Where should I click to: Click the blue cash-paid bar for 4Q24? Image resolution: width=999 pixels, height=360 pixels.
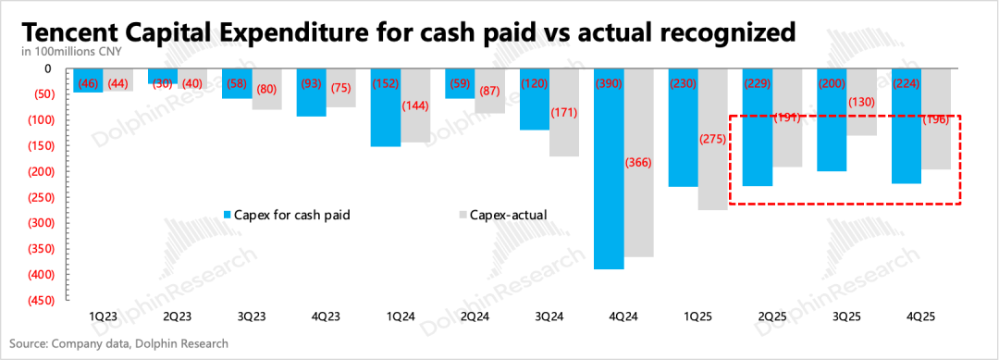pos(609,168)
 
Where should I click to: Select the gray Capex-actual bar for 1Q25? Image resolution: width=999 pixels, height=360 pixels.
pos(712,140)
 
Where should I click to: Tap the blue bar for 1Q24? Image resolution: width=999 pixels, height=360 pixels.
pos(386,107)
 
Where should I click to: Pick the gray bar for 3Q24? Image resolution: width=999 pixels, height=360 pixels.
pos(564,113)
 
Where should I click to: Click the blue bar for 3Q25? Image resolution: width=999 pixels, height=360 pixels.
pos(832,120)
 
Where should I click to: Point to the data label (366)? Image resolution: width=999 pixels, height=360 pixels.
pos(638,163)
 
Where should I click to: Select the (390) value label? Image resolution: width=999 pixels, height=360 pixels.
pos(609,83)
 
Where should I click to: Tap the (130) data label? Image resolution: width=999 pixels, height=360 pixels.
pos(861,103)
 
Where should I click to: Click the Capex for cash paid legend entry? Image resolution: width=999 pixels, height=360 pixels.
pos(288,215)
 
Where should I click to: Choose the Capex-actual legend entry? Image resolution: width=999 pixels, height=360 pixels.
pos(503,215)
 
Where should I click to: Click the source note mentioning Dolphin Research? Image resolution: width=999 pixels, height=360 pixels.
pos(118,344)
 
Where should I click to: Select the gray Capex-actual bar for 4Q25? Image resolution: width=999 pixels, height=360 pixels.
pos(935,119)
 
